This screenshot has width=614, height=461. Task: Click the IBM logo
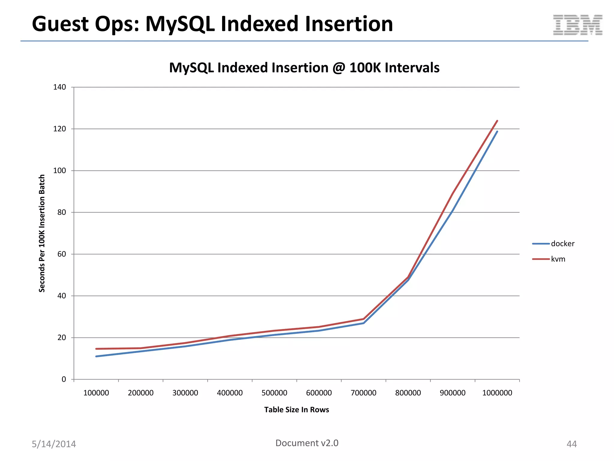click(578, 25)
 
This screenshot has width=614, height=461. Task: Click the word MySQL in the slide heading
click(180, 24)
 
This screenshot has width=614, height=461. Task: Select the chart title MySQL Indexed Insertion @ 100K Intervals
click(304, 68)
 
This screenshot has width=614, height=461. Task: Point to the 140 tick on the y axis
click(59, 87)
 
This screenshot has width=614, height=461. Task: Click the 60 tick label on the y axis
click(61, 254)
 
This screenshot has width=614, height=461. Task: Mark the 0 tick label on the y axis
click(64, 379)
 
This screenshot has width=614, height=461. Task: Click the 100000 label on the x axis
click(96, 393)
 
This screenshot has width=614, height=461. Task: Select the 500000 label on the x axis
click(274, 393)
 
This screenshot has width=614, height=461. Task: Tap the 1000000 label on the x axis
click(497, 393)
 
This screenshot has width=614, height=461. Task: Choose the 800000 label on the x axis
click(408, 393)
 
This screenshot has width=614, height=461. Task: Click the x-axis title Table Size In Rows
click(297, 410)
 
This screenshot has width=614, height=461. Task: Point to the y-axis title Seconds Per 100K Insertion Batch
click(42, 233)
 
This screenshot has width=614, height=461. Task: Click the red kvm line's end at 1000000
click(497, 121)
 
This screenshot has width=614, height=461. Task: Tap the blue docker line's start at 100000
click(96, 356)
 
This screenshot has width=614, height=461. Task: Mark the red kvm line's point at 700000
click(363, 319)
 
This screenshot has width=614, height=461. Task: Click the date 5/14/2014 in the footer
click(54, 444)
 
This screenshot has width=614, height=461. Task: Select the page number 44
click(571, 444)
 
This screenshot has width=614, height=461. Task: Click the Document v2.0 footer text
click(307, 443)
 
